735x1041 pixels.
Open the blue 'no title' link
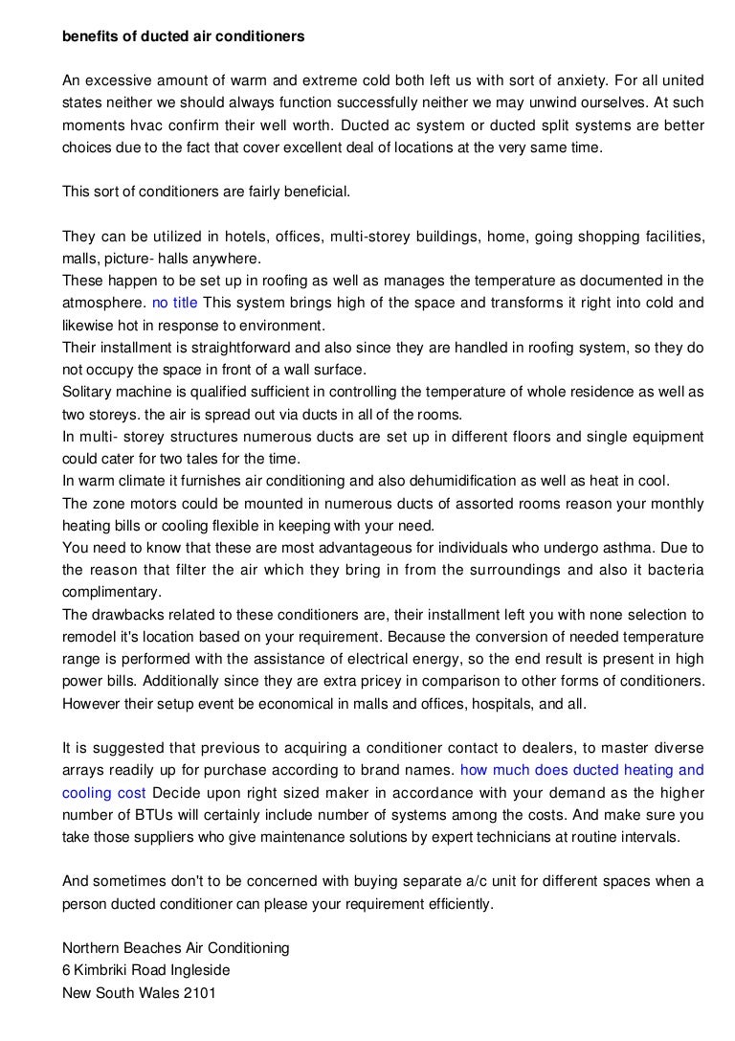click(x=175, y=303)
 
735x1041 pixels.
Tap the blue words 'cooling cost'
click(x=104, y=793)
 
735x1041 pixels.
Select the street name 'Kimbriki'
click(x=106, y=970)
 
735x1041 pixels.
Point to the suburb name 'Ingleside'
click(x=196, y=970)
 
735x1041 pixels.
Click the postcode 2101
click(x=198, y=993)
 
